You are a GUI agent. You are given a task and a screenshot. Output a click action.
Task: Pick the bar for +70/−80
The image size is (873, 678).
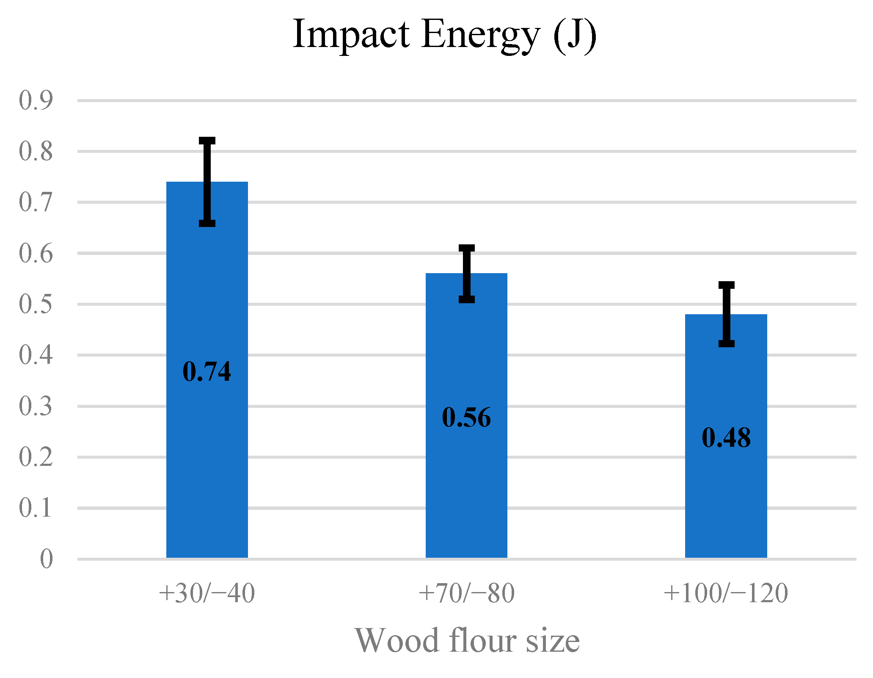[x=466, y=487]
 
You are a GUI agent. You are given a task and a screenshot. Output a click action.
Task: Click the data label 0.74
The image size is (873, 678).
[x=207, y=372]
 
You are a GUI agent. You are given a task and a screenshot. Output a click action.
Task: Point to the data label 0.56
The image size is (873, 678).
[x=466, y=418]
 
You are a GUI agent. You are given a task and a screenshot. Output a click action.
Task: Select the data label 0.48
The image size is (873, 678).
[x=726, y=438]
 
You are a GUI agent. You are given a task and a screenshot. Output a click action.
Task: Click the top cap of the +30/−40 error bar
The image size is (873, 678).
[x=207, y=141]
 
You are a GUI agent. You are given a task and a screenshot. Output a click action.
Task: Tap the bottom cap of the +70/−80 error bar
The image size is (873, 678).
[x=467, y=299]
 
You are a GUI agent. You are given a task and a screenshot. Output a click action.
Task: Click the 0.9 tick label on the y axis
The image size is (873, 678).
[x=36, y=101]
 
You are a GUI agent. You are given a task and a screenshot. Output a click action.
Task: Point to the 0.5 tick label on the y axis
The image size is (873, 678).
[x=36, y=304]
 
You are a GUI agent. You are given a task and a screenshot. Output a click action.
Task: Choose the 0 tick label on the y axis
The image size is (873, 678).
[x=46, y=559]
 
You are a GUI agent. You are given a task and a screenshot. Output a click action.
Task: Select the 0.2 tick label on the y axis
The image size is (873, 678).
[x=36, y=457]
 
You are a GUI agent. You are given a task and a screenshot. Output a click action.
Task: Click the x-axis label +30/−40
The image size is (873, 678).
[x=207, y=593]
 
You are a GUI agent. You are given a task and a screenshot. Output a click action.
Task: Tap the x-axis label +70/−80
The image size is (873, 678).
[x=466, y=593]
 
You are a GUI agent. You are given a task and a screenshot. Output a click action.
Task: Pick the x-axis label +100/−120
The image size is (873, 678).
[x=726, y=593]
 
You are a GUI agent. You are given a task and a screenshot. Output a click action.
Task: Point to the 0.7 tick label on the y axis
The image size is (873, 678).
[x=36, y=202]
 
